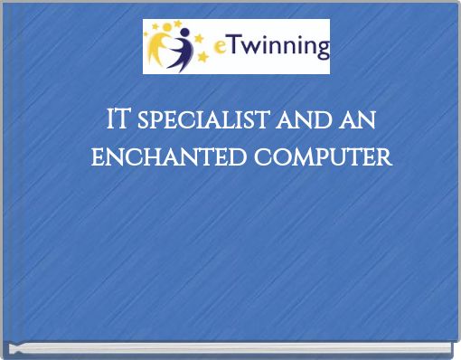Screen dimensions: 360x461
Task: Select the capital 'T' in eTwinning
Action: click(230, 45)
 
